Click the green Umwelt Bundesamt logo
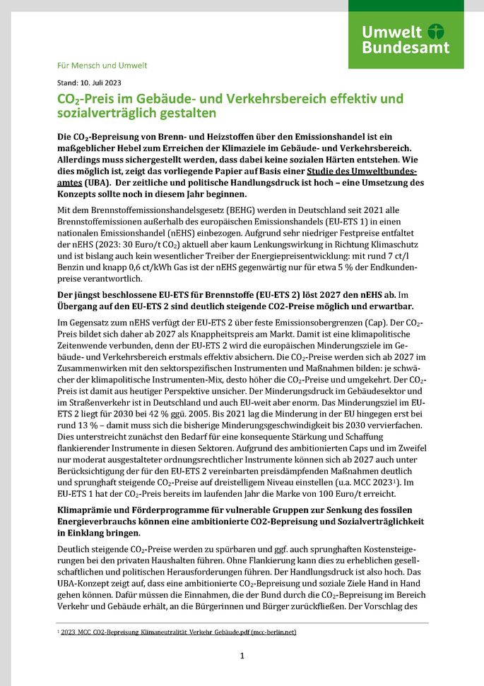pyautogui.click(x=406, y=35)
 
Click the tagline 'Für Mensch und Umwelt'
pyautogui.click(x=102, y=66)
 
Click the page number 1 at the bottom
pyautogui.click(x=242, y=656)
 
